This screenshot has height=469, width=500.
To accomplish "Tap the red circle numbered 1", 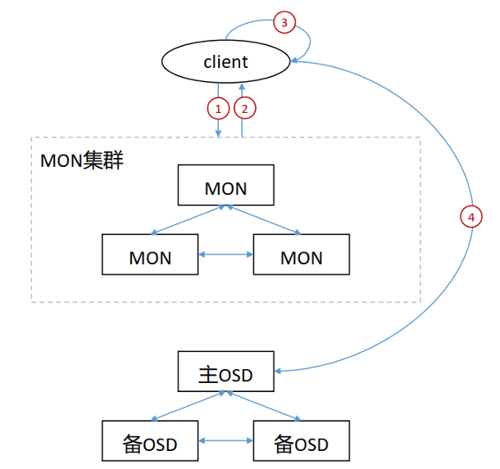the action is point(218,109).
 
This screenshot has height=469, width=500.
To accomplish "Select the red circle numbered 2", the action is point(244,109).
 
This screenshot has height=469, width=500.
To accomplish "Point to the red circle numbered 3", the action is point(284,22).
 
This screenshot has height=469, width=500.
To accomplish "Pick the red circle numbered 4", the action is point(471,217).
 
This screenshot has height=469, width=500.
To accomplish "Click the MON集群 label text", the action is point(82,160).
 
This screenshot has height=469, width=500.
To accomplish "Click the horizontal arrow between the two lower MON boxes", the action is point(225,255).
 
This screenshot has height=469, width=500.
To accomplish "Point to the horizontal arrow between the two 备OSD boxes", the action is point(225,440).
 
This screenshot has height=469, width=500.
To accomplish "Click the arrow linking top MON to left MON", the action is point(188,220).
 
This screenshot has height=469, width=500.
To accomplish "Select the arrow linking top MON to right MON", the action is point(264,220).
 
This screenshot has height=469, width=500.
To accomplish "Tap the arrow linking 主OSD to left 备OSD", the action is point(188,406).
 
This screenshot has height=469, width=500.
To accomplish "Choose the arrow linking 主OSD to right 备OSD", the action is point(264,406).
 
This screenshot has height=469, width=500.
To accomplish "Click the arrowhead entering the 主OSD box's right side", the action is point(277,371).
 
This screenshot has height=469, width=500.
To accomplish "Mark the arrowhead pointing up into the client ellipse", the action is point(242,87).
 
